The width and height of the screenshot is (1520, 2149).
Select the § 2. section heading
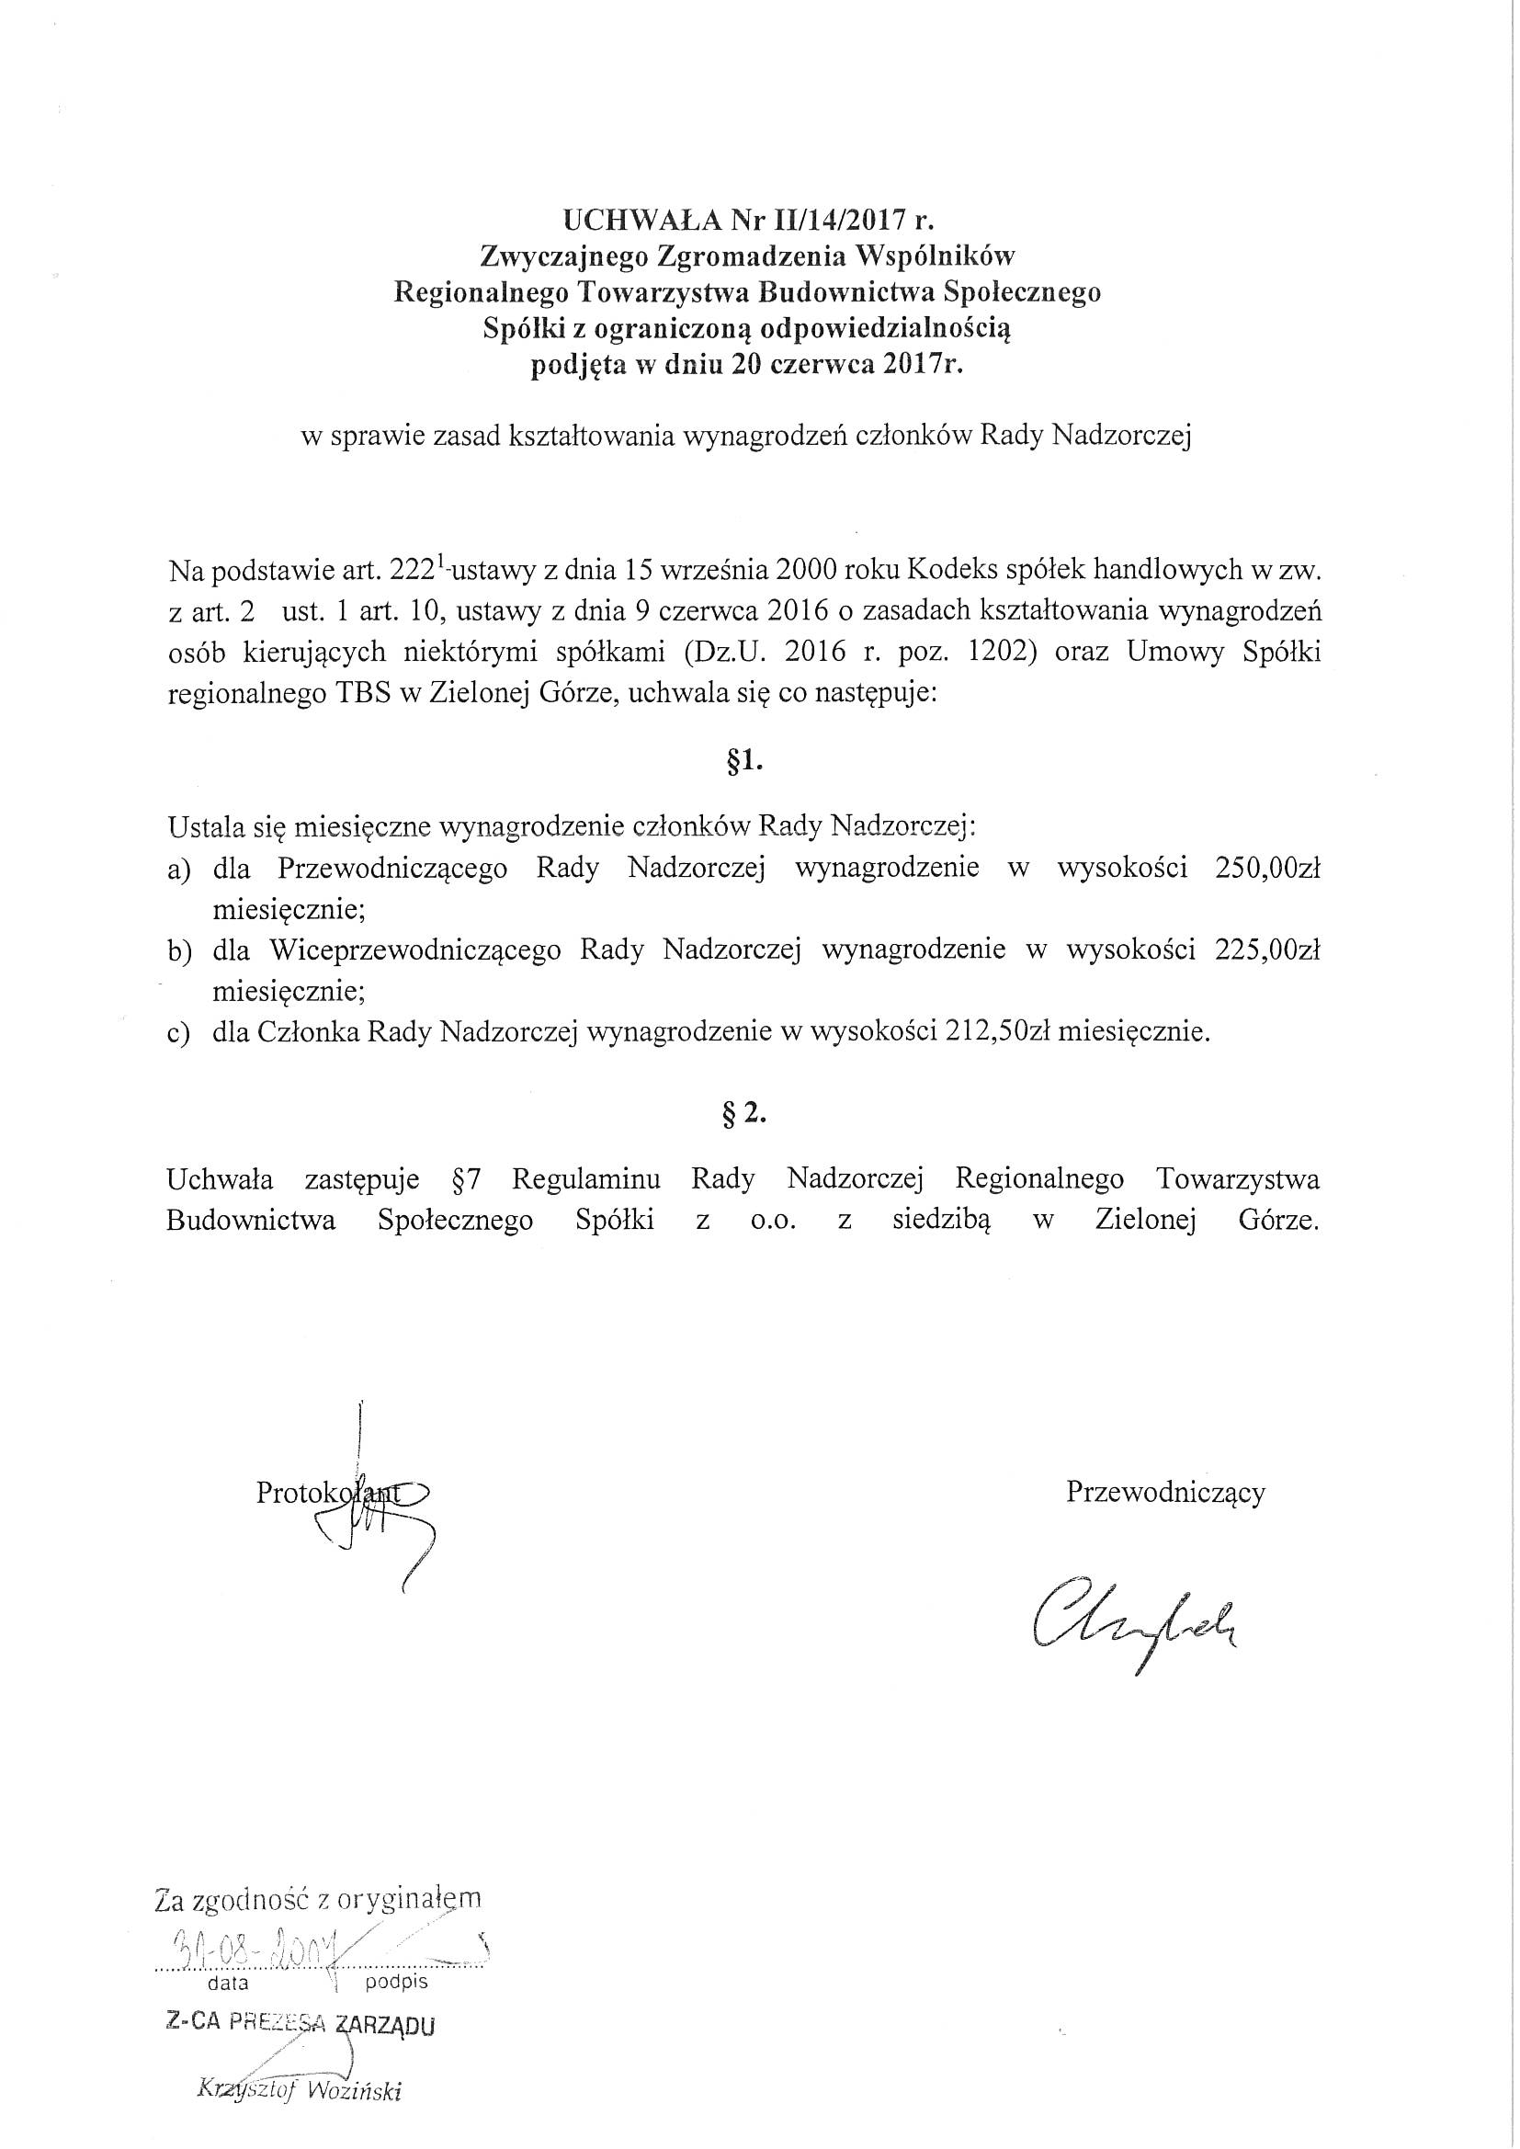point(746,1116)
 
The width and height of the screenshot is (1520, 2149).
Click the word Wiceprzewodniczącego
point(414,950)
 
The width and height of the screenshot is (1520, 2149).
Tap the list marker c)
point(180,1033)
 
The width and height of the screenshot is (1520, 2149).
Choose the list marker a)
point(180,869)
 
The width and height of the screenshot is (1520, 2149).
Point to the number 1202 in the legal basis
point(999,653)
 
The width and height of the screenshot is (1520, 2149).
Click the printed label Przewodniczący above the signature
point(1165,1492)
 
